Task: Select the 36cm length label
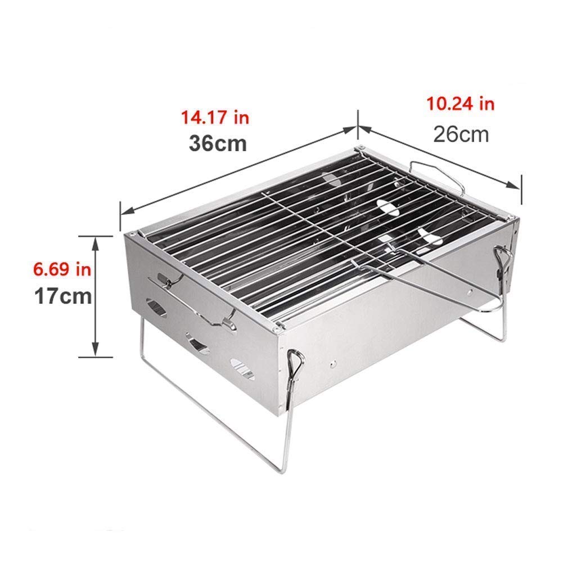pos(218,143)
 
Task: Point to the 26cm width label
pos(461,134)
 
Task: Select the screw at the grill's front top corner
pos(275,325)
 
